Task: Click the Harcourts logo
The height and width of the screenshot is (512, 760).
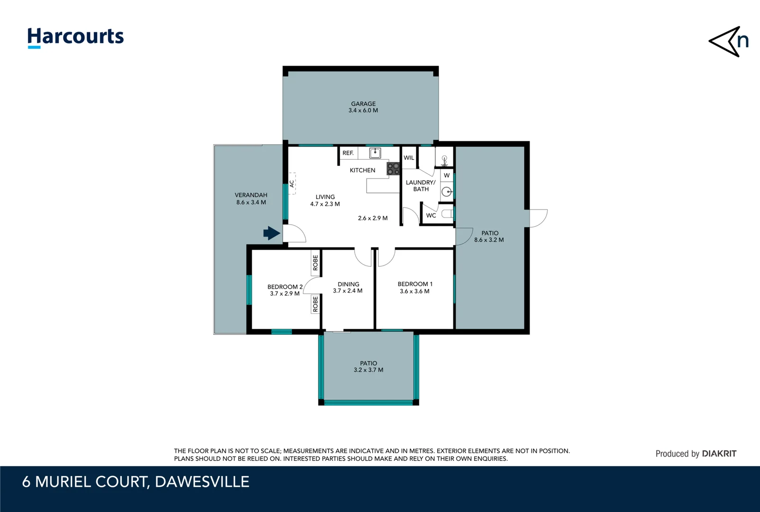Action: point(75,37)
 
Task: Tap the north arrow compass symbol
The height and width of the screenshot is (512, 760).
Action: point(728,42)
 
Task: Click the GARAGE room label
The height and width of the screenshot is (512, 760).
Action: point(363,104)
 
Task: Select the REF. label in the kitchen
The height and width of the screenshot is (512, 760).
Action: point(348,153)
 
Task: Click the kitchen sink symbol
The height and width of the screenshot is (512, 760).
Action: point(375,153)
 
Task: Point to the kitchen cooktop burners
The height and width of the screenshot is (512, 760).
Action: point(393,169)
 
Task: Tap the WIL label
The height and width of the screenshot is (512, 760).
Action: point(409,158)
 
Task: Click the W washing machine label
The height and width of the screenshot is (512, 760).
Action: point(447,175)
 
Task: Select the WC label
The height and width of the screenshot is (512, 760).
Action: point(431,215)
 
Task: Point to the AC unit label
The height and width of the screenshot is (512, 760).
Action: point(292,183)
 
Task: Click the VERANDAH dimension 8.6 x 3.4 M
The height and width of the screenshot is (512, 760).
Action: point(251,202)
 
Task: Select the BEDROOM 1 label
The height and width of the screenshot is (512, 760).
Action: point(415,284)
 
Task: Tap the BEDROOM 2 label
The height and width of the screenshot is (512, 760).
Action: point(284,287)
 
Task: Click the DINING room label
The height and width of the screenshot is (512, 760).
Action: point(348,284)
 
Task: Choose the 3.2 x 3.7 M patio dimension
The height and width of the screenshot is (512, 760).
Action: point(368,370)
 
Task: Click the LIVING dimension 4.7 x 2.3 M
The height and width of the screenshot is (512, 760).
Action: point(325,204)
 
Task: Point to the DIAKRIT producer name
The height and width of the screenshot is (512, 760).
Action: point(719,454)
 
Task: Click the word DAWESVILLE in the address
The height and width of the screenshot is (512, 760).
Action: point(202,482)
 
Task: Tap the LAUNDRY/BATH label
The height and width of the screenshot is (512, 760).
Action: point(421,185)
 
